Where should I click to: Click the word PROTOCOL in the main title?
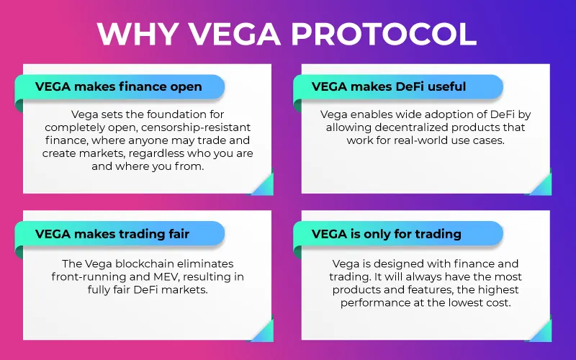(x=384, y=34)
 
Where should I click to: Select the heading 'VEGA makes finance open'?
(x=119, y=86)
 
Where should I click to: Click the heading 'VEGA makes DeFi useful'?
(x=389, y=86)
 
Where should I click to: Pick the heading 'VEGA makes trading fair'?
(x=112, y=234)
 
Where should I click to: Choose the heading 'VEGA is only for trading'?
(x=387, y=234)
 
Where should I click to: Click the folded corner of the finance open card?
(x=263, y=184)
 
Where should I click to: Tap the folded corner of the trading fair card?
(x=263, y=330)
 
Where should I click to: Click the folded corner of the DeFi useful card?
(x=541, y=184)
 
